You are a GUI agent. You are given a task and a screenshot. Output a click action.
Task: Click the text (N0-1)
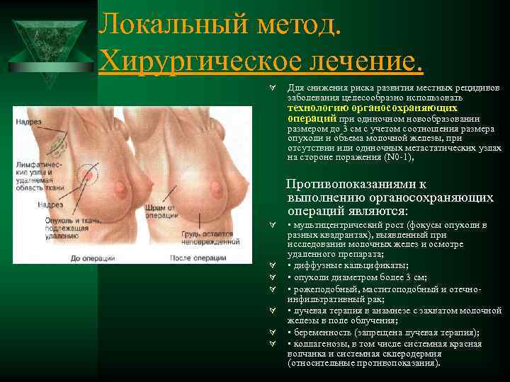pyautogui.click(x=382, y=158)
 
